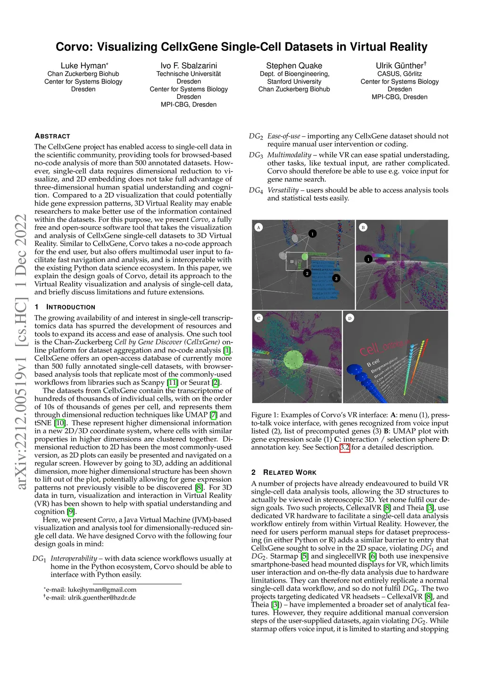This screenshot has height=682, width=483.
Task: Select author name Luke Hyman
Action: pyautogui.click(x=83, y=65)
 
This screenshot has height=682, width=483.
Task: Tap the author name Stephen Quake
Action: pyautogui.click(x=294, y=65)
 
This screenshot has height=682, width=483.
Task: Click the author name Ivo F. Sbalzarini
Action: pyautogui.click(x=189, y=65)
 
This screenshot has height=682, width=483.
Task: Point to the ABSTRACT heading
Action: pyautogui.click(x=52, y=136)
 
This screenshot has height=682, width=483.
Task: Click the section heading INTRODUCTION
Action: pyautogui.click(x=70, y=307)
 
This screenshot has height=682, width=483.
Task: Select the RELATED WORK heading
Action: pyautogui.click(x=290, y=472)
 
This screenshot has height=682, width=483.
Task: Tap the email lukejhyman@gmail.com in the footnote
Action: pyautogui.click(x=102, y=590)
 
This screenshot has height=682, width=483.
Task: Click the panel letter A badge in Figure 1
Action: pyautogui.click(x=258, y=227)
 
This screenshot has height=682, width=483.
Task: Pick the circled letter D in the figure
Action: pyautogui.click(x=350, y=318)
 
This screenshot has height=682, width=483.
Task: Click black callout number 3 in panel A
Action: pyautogui.click(x=336, y=278)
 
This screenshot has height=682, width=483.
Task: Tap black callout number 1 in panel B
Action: pyautogui.click(x=368, y=259)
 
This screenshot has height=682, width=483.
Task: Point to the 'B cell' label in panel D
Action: pyautogui.click(x=373, y=363)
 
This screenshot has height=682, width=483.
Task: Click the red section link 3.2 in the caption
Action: pyautogui.click(x=345, y=447)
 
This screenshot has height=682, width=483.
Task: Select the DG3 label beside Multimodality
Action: pyautogui.click(x=256, y=155)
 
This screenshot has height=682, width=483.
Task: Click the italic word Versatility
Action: pyautogui.click(x=283, y=190)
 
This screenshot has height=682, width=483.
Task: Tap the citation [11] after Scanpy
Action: pyautogui.click(x=173, y=382)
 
